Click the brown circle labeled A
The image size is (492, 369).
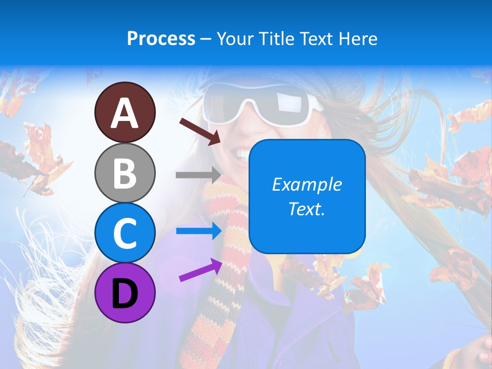point(125,112)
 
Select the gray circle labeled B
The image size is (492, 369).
point(125,173)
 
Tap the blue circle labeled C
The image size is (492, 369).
point(125,232)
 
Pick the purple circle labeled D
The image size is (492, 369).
point(125,293)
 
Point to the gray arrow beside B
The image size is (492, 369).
point(198,175)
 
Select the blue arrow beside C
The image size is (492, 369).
point(198,231)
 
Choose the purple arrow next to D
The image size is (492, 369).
point(200,270)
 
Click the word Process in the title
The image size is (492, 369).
point(161,38)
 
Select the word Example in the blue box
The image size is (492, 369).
point(306,184)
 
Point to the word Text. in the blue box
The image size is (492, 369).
point(306,209)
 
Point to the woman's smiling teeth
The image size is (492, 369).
point(240,151)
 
